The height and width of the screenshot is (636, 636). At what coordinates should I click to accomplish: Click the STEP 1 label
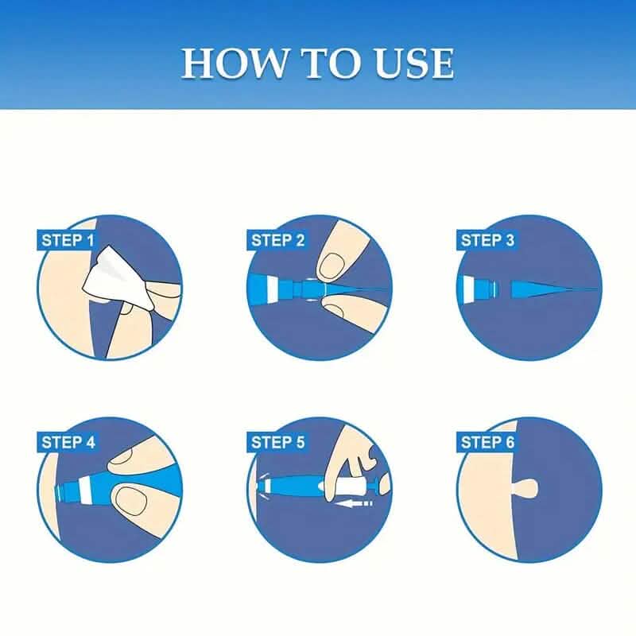pos(67,239)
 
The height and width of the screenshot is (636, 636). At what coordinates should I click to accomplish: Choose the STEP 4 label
pos(68,442)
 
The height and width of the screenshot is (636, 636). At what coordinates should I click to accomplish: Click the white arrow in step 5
pos(355,502)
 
